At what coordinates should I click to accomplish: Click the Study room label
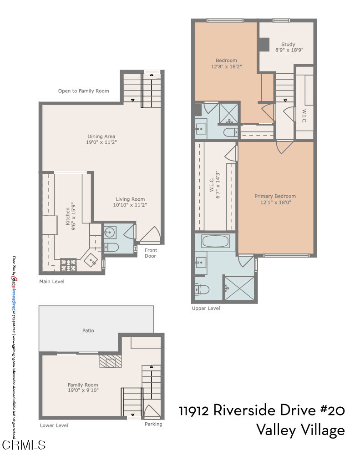click(x=288, y=45)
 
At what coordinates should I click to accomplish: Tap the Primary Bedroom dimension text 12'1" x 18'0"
click(x=275, y=203)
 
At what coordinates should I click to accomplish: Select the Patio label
click(x=88, y=330)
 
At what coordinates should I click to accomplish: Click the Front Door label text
click(x=150, y=253)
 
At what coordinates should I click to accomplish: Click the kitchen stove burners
click(x=68, y=262)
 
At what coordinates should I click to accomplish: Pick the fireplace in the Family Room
click(x=111, y=361)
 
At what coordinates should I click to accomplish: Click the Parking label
click(x=153, y=424)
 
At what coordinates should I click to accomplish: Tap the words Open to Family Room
click(x=84, y=91)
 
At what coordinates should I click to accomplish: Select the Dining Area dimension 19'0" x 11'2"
click(x=101, y=142)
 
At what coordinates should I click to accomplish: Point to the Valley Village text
click(x=300, y=430)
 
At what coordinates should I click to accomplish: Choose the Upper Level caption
click(x=206, y=308)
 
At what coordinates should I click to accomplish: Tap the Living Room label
click(x=130, y=199)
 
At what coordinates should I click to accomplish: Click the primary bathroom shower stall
click(x=239, y=288)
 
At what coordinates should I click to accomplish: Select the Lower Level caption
click(x=54, y=425)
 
